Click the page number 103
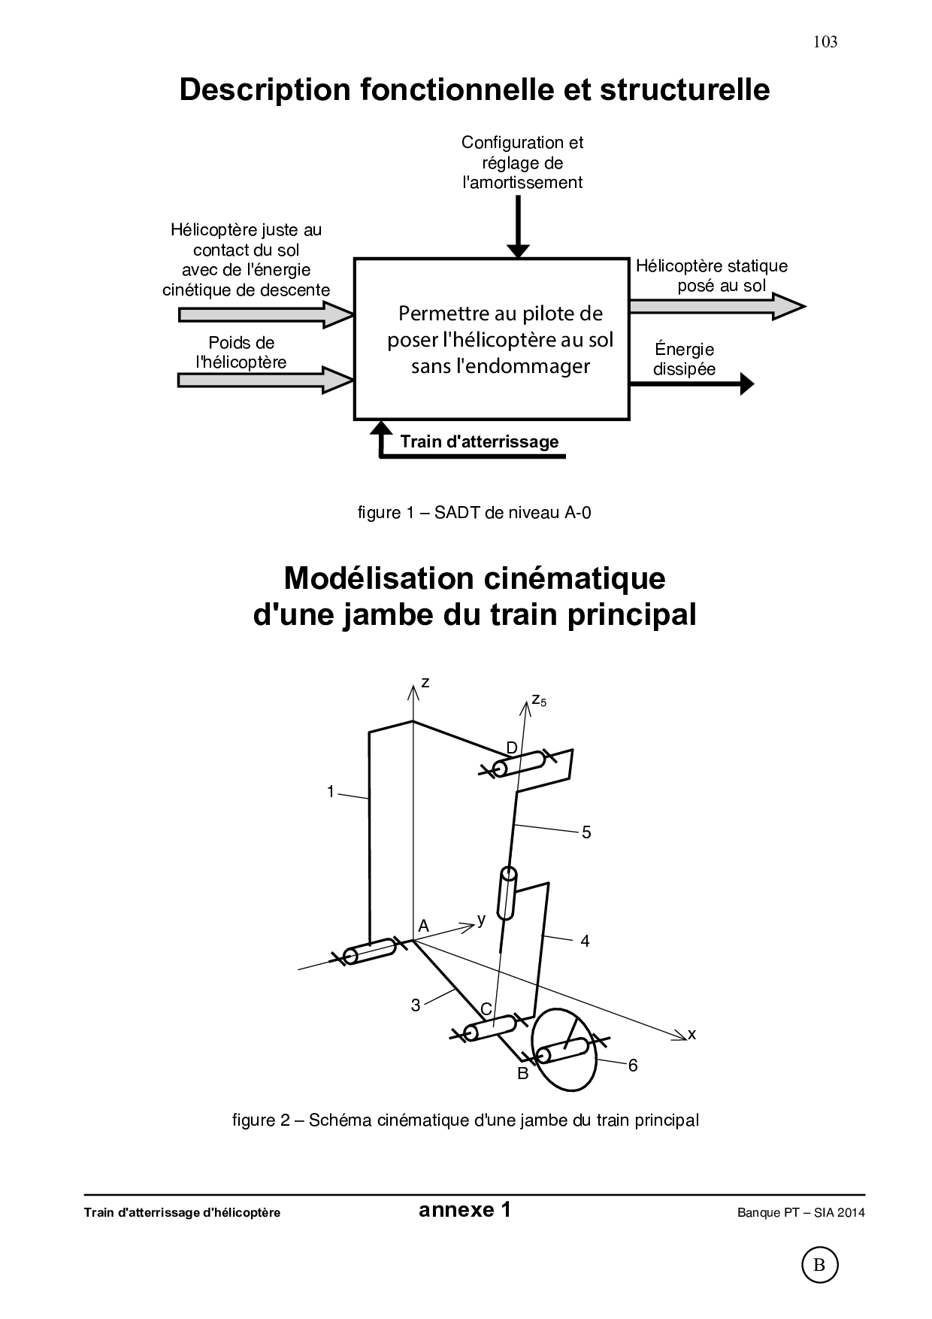(x=825, y=42)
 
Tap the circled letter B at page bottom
(x=819, y=1266)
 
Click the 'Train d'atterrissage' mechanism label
(x=479, y=441)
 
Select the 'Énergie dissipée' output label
(x=684, y=359)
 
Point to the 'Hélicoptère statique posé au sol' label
(x=711, y=275)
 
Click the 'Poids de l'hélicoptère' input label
(x=241, y=353)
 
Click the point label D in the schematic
(x=512, y=747)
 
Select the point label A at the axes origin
(x=423, y=925)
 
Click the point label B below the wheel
(x=523, y=1074)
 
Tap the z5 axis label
(x=538, y=700)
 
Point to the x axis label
(x=692, y=1035)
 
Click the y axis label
(x=482, y=919)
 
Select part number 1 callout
(x=330, y=791)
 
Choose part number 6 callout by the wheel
(x=633, y=1065)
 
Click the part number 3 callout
(x=415, y=1005)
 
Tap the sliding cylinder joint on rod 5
(x=507, y=893)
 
